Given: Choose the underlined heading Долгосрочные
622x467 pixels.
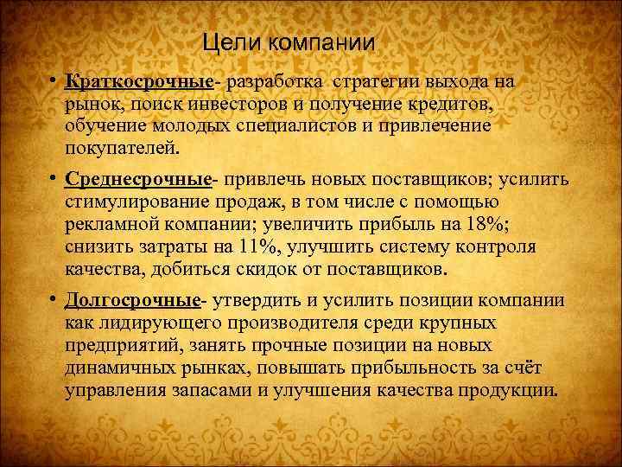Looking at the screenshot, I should point(133,300).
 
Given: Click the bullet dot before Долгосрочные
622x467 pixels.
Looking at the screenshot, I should point(53,299).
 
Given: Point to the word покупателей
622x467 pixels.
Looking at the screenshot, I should point(124,148).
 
